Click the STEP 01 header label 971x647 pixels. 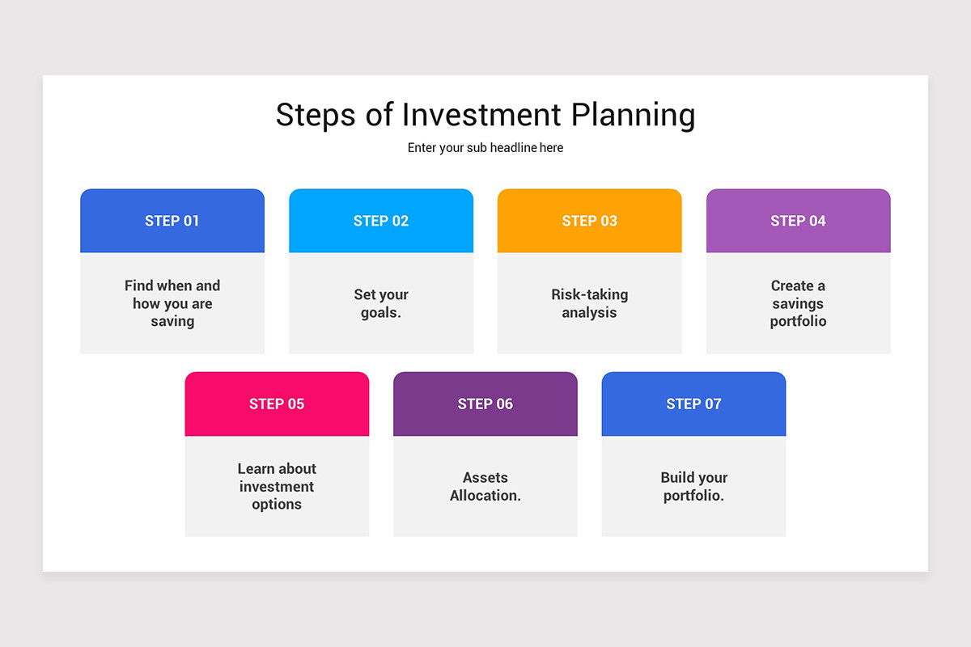point(172,221)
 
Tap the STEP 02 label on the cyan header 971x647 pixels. point(380,221)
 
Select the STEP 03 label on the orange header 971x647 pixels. point(589,221)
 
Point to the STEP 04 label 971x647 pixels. point(798,221)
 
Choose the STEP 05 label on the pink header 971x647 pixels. point(277,404)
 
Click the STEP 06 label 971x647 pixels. point(485,404)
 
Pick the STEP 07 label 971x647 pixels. point(693,404)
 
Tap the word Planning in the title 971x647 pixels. point(634,116)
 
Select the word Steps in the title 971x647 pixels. point(316,116)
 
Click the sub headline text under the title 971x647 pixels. point(485,148)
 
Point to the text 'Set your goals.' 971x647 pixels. point(381,303)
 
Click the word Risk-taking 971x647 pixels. point(590,294)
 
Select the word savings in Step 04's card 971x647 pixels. point(798,304)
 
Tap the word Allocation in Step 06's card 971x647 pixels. point(484,495)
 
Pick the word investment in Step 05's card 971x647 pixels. point(277,487)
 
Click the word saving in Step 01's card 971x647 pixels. point(172,322)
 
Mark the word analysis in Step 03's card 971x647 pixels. point(589,313)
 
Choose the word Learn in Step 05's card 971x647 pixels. point(256,468)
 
